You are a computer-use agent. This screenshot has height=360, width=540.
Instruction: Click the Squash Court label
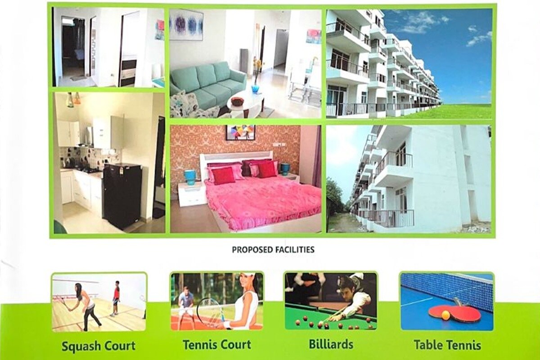pyautogui.click(x=98, y=346)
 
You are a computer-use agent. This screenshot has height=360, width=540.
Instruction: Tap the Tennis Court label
pyautogui.click(x=216, y=345)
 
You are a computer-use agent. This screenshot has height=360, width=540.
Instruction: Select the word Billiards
pyautogui.click(x=331, y=344)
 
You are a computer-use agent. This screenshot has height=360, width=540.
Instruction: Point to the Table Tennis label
pyautogui.click(x=447, y=345)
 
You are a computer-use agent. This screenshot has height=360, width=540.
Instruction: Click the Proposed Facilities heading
pyautogui.click(x=273, y=249)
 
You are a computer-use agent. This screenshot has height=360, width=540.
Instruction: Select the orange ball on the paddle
pyautogui.click(x=445, y=315)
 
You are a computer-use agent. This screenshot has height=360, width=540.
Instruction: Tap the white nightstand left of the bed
pyautogui.click(x=192, y=193)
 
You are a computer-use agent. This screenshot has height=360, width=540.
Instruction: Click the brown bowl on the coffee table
pyautogui.click(x=237, y=101)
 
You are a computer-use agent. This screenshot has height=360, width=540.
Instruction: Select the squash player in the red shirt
pyautogui.click(x=116, y=297)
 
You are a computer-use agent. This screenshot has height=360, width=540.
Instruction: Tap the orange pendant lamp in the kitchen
pyautogui.click(x=77, y=99)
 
